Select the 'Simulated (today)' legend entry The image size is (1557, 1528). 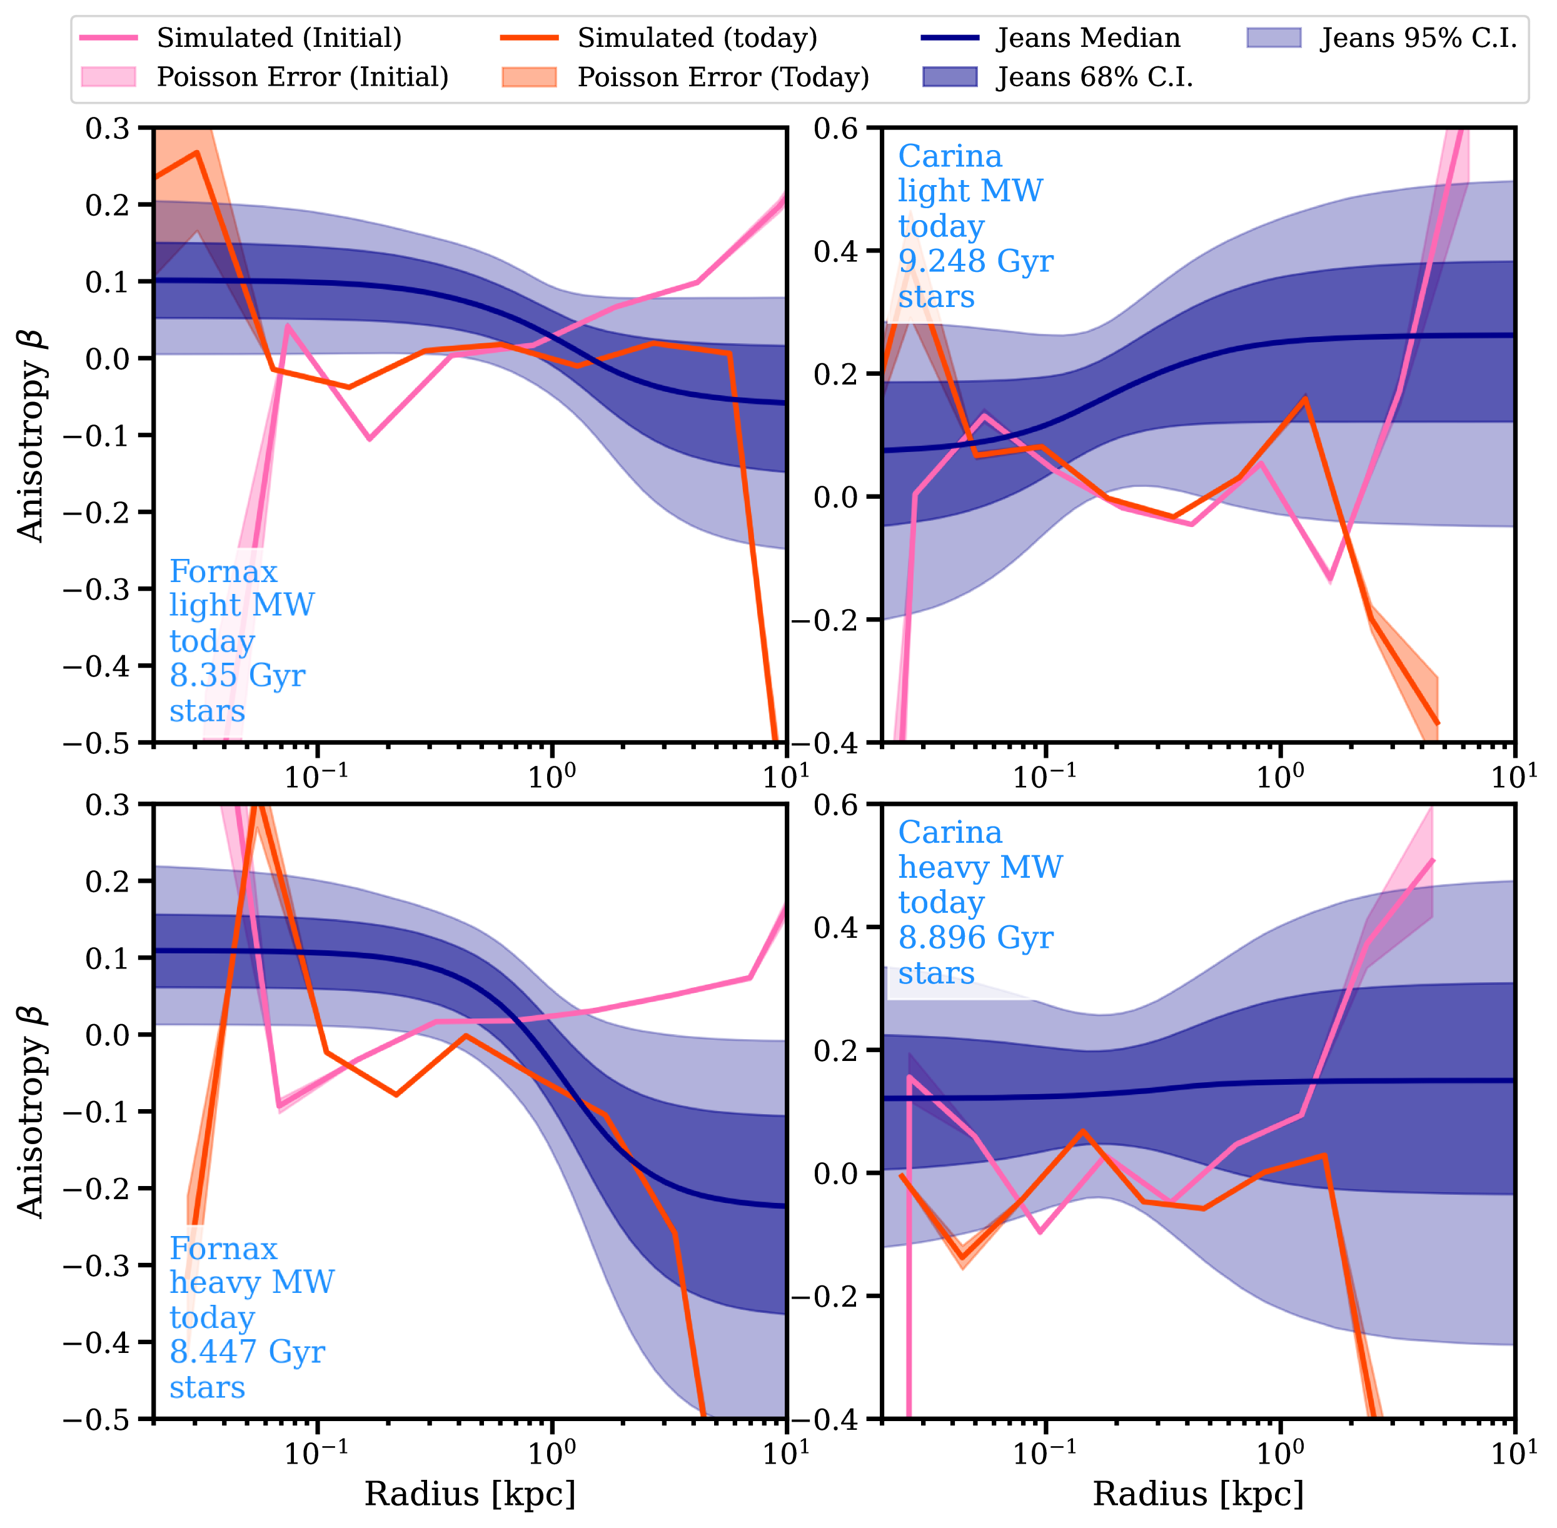tap(697, 38)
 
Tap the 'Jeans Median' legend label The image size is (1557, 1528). tap(1088, 38)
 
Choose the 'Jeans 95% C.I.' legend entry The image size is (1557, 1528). tap(1419, 38)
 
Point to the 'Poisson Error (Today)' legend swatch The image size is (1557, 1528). tap(529, 77)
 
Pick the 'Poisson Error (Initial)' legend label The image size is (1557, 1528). tap(303, 77)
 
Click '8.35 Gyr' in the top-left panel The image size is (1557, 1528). tap(238, 675)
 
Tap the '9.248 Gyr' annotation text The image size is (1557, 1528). tap(975, 261)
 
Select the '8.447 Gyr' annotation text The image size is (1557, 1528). tap(247, 1352)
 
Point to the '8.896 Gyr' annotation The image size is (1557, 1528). tap(975, 937)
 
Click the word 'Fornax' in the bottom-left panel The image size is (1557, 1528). tap(223, 1249)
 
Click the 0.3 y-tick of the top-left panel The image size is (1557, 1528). tap(108, 128)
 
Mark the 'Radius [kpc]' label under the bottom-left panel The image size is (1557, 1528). tap(470, 1494)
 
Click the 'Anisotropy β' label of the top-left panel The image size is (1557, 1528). tap(31, 434)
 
